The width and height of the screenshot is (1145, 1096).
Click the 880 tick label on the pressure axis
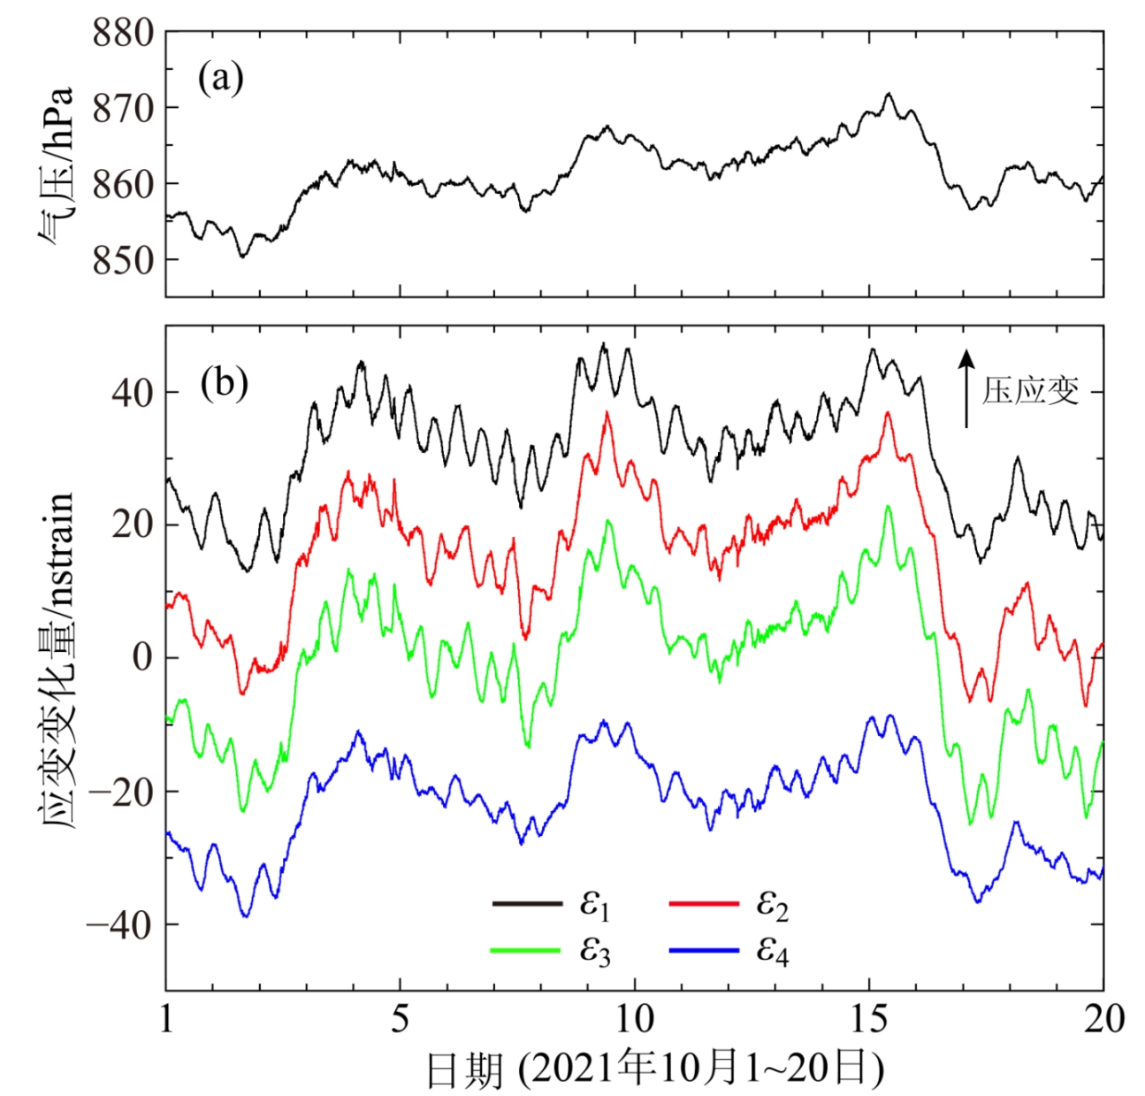click(121, 33)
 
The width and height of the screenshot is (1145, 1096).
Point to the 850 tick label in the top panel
click(121, 260)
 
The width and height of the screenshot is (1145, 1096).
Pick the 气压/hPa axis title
click(55, 168)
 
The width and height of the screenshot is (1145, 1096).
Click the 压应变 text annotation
click(1030, 390)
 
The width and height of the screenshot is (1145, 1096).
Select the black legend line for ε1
click(527, 903)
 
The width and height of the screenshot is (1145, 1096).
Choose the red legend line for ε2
click(704, 903)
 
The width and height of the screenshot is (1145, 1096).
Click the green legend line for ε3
click(527, 950)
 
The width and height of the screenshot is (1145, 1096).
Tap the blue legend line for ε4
click(704, 950)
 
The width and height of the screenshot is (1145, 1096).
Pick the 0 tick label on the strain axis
click(141, 658)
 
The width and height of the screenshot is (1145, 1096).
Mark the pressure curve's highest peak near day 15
click(889, 93)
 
